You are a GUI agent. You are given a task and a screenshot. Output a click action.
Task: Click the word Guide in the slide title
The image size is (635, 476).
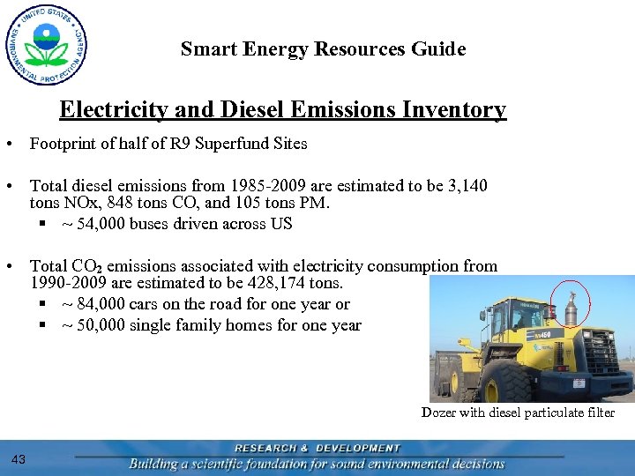(438, 49)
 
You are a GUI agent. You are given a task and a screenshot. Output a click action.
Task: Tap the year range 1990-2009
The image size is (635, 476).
(70, 283)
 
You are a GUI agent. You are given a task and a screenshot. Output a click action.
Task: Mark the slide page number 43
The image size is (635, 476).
(19, 458)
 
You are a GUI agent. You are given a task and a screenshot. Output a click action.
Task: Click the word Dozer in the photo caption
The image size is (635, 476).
(438, 413)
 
